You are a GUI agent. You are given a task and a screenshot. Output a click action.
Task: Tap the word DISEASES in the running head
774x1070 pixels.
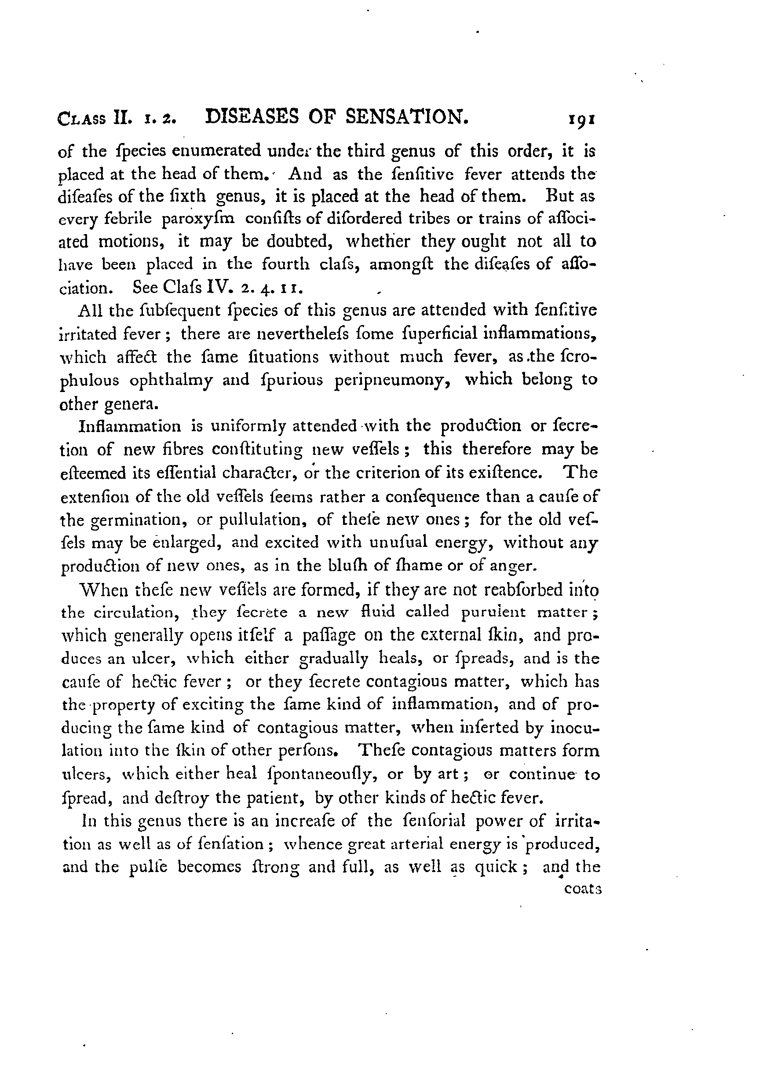253,117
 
